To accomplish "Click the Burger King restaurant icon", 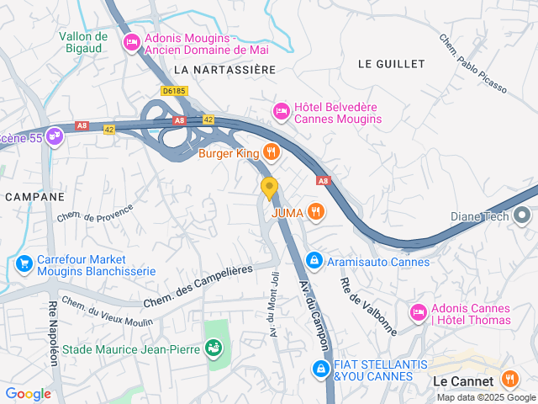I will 271,152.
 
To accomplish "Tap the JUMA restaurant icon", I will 315,212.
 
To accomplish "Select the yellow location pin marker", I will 269,187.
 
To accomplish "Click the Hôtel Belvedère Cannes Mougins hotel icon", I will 281,110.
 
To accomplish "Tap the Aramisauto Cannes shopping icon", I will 314,262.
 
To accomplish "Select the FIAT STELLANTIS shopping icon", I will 321,369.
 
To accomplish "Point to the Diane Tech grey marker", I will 524,215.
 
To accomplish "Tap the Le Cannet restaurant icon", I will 509,380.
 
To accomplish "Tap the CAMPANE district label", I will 34,196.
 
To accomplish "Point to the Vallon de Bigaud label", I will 83,43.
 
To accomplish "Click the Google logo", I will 28,393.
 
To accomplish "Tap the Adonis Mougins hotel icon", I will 131,41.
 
